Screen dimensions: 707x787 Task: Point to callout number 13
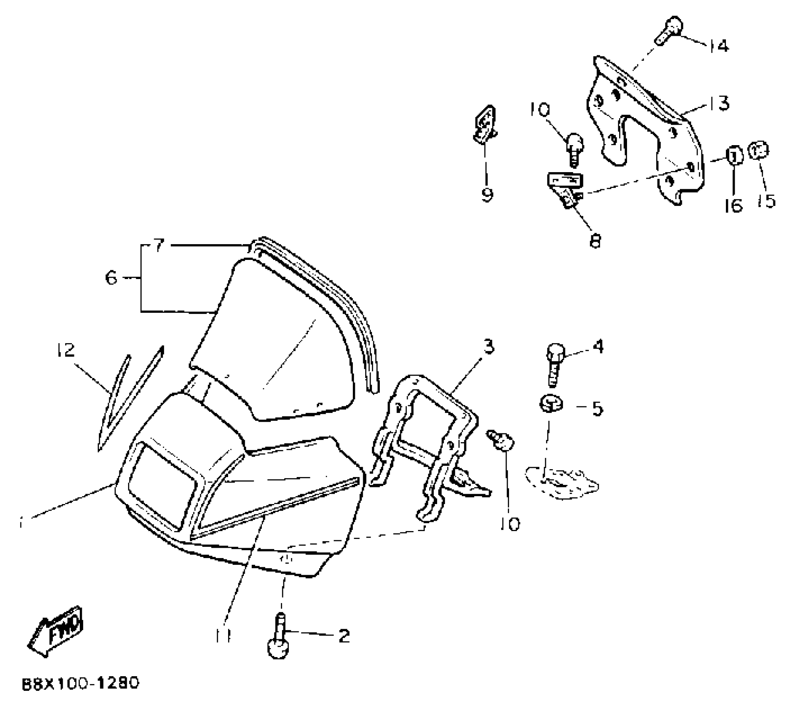coord(719,103)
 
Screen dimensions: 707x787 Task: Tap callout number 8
coord(595,241)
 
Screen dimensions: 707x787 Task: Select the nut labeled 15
coord(759,151)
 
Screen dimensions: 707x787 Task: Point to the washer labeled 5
coord(551,403)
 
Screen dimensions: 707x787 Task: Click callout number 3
coord(489,346)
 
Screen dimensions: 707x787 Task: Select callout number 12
coord(66,350)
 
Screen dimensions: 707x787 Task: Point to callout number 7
coord(159,246)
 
